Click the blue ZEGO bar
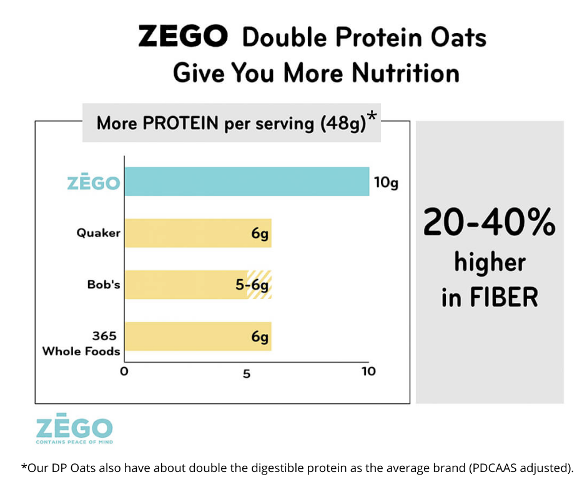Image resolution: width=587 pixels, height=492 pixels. point(247,182)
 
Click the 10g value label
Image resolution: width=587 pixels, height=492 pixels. point(385,183)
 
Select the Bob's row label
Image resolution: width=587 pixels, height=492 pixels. point(103,285)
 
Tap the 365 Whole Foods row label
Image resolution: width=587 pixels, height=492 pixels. point(81,343)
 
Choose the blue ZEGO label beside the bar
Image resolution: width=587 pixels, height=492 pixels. point(93,184)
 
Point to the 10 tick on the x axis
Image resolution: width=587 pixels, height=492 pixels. point(368,372)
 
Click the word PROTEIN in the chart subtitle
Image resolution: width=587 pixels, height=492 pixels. point(180,122)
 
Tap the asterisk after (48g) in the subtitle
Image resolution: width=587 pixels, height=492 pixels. point(372,117)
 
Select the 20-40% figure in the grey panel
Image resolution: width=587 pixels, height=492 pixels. point(489,222)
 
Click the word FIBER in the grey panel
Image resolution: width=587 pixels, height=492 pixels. point(508,297)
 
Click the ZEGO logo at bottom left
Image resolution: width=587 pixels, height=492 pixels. point(74,430)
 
